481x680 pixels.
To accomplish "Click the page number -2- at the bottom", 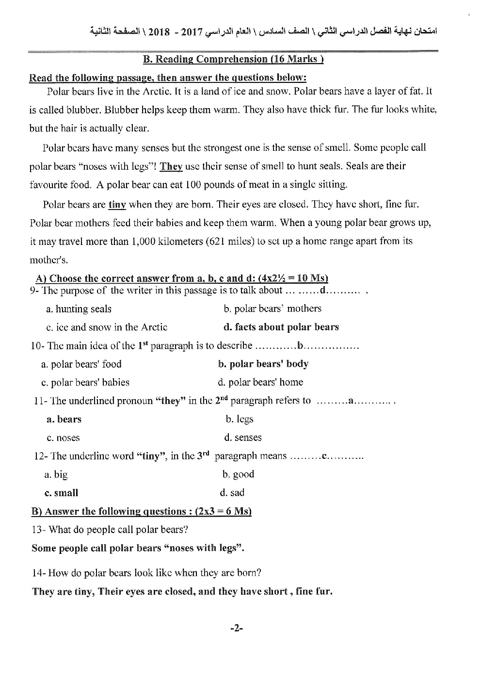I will point(236,628).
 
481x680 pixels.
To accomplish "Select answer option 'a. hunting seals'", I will point(79,309).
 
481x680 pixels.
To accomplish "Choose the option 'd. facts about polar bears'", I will point(281,327).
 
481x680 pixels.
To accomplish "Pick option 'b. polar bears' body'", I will point(263,364).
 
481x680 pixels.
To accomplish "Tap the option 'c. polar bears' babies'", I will point(85,382).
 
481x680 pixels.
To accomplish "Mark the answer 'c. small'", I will point(61,493).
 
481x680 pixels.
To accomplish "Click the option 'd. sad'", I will point(232,493).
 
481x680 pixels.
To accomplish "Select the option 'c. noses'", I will point(63,437).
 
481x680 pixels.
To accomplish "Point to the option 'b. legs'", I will point(240,419).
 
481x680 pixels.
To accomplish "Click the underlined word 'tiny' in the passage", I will point(117,205).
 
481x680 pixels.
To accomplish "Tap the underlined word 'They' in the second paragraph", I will point(171,166).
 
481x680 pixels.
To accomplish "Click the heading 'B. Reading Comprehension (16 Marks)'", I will point(233,59).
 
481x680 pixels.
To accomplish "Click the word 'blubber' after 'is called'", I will point(85,110).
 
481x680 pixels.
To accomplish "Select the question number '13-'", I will point(38,530).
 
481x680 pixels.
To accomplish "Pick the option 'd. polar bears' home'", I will point(260,382).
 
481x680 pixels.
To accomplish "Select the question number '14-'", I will point(39,573).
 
